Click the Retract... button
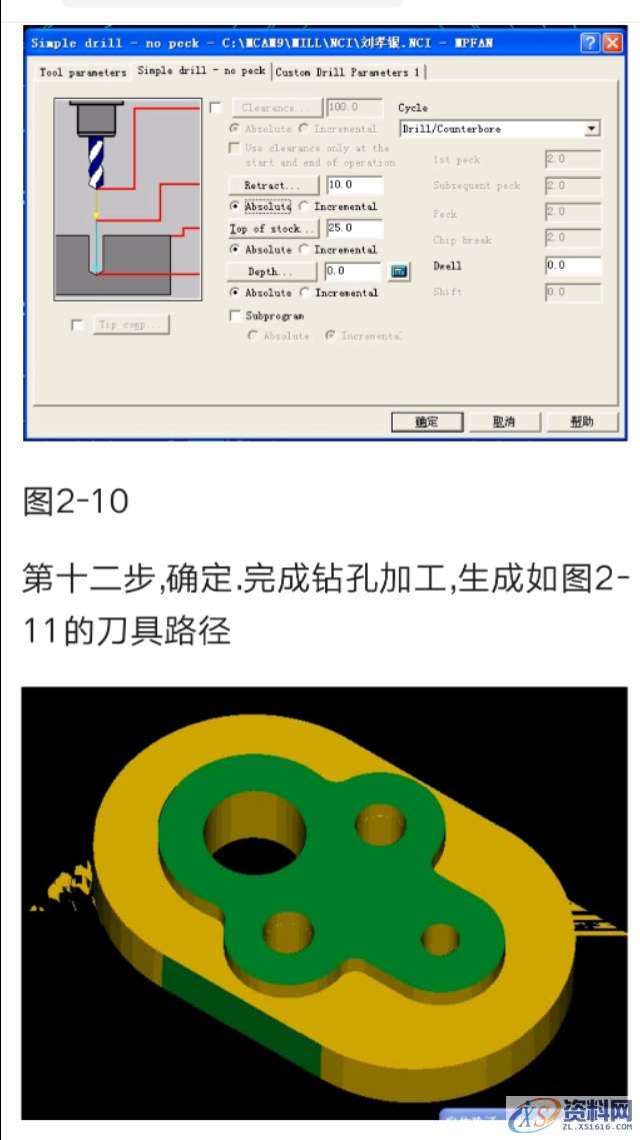pos(273,186)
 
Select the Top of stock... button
pos(273,229)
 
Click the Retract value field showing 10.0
pos(354,186)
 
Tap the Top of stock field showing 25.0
pos(354,229)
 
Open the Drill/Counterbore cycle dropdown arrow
pos(592,129)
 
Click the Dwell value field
pos(573,266)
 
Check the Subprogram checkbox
pos(236,316)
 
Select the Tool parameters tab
pos(82,72)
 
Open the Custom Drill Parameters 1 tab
pos(348,72)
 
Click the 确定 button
pos(427,423)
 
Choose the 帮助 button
pos(582,423)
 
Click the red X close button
pos(612,43)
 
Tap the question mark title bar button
pos(590,43)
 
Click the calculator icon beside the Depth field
pos(399,272)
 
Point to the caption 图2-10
pos(76,501)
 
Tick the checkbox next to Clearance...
pos(216,108)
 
